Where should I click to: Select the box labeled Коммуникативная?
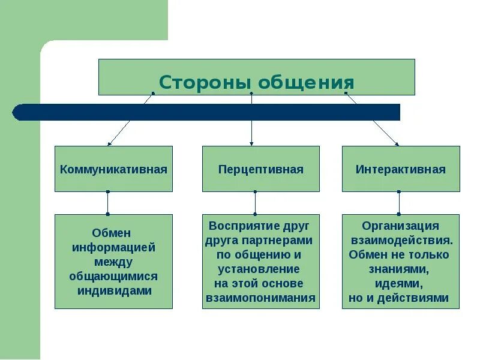click(x=113, y=169)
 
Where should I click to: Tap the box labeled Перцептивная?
click(x=260, y=169)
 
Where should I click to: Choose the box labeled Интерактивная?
click(x=401, y=169)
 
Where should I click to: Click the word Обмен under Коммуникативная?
click(x=112, y=233)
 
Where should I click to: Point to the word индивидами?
click(x=115, y=290)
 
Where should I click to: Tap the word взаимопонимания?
click(x=260, y=298)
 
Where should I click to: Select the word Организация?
click(x=401, y=226)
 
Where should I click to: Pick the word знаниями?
click(x=400, y=269)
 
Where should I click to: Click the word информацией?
click(x=114, y=247)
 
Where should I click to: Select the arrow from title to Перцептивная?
click(x=251, y=129)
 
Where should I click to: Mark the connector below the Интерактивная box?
click(x=399, y=203)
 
